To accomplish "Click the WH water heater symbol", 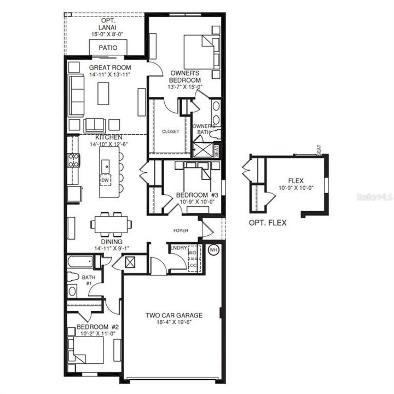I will click(214, 250).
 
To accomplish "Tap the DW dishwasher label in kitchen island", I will click(105, 179).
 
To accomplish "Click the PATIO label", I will click(108, 48).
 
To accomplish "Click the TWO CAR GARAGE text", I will click(174, 315).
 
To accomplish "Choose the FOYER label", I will click(181, 231).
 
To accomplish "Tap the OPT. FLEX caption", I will click(268, 223).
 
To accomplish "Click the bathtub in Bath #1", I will click(80, 262).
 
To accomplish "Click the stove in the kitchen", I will click(73, 160).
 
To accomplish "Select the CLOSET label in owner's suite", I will click(170, 131).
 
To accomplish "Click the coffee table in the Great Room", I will click(103, 93).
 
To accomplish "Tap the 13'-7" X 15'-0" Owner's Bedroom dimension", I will click(186, 86).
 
